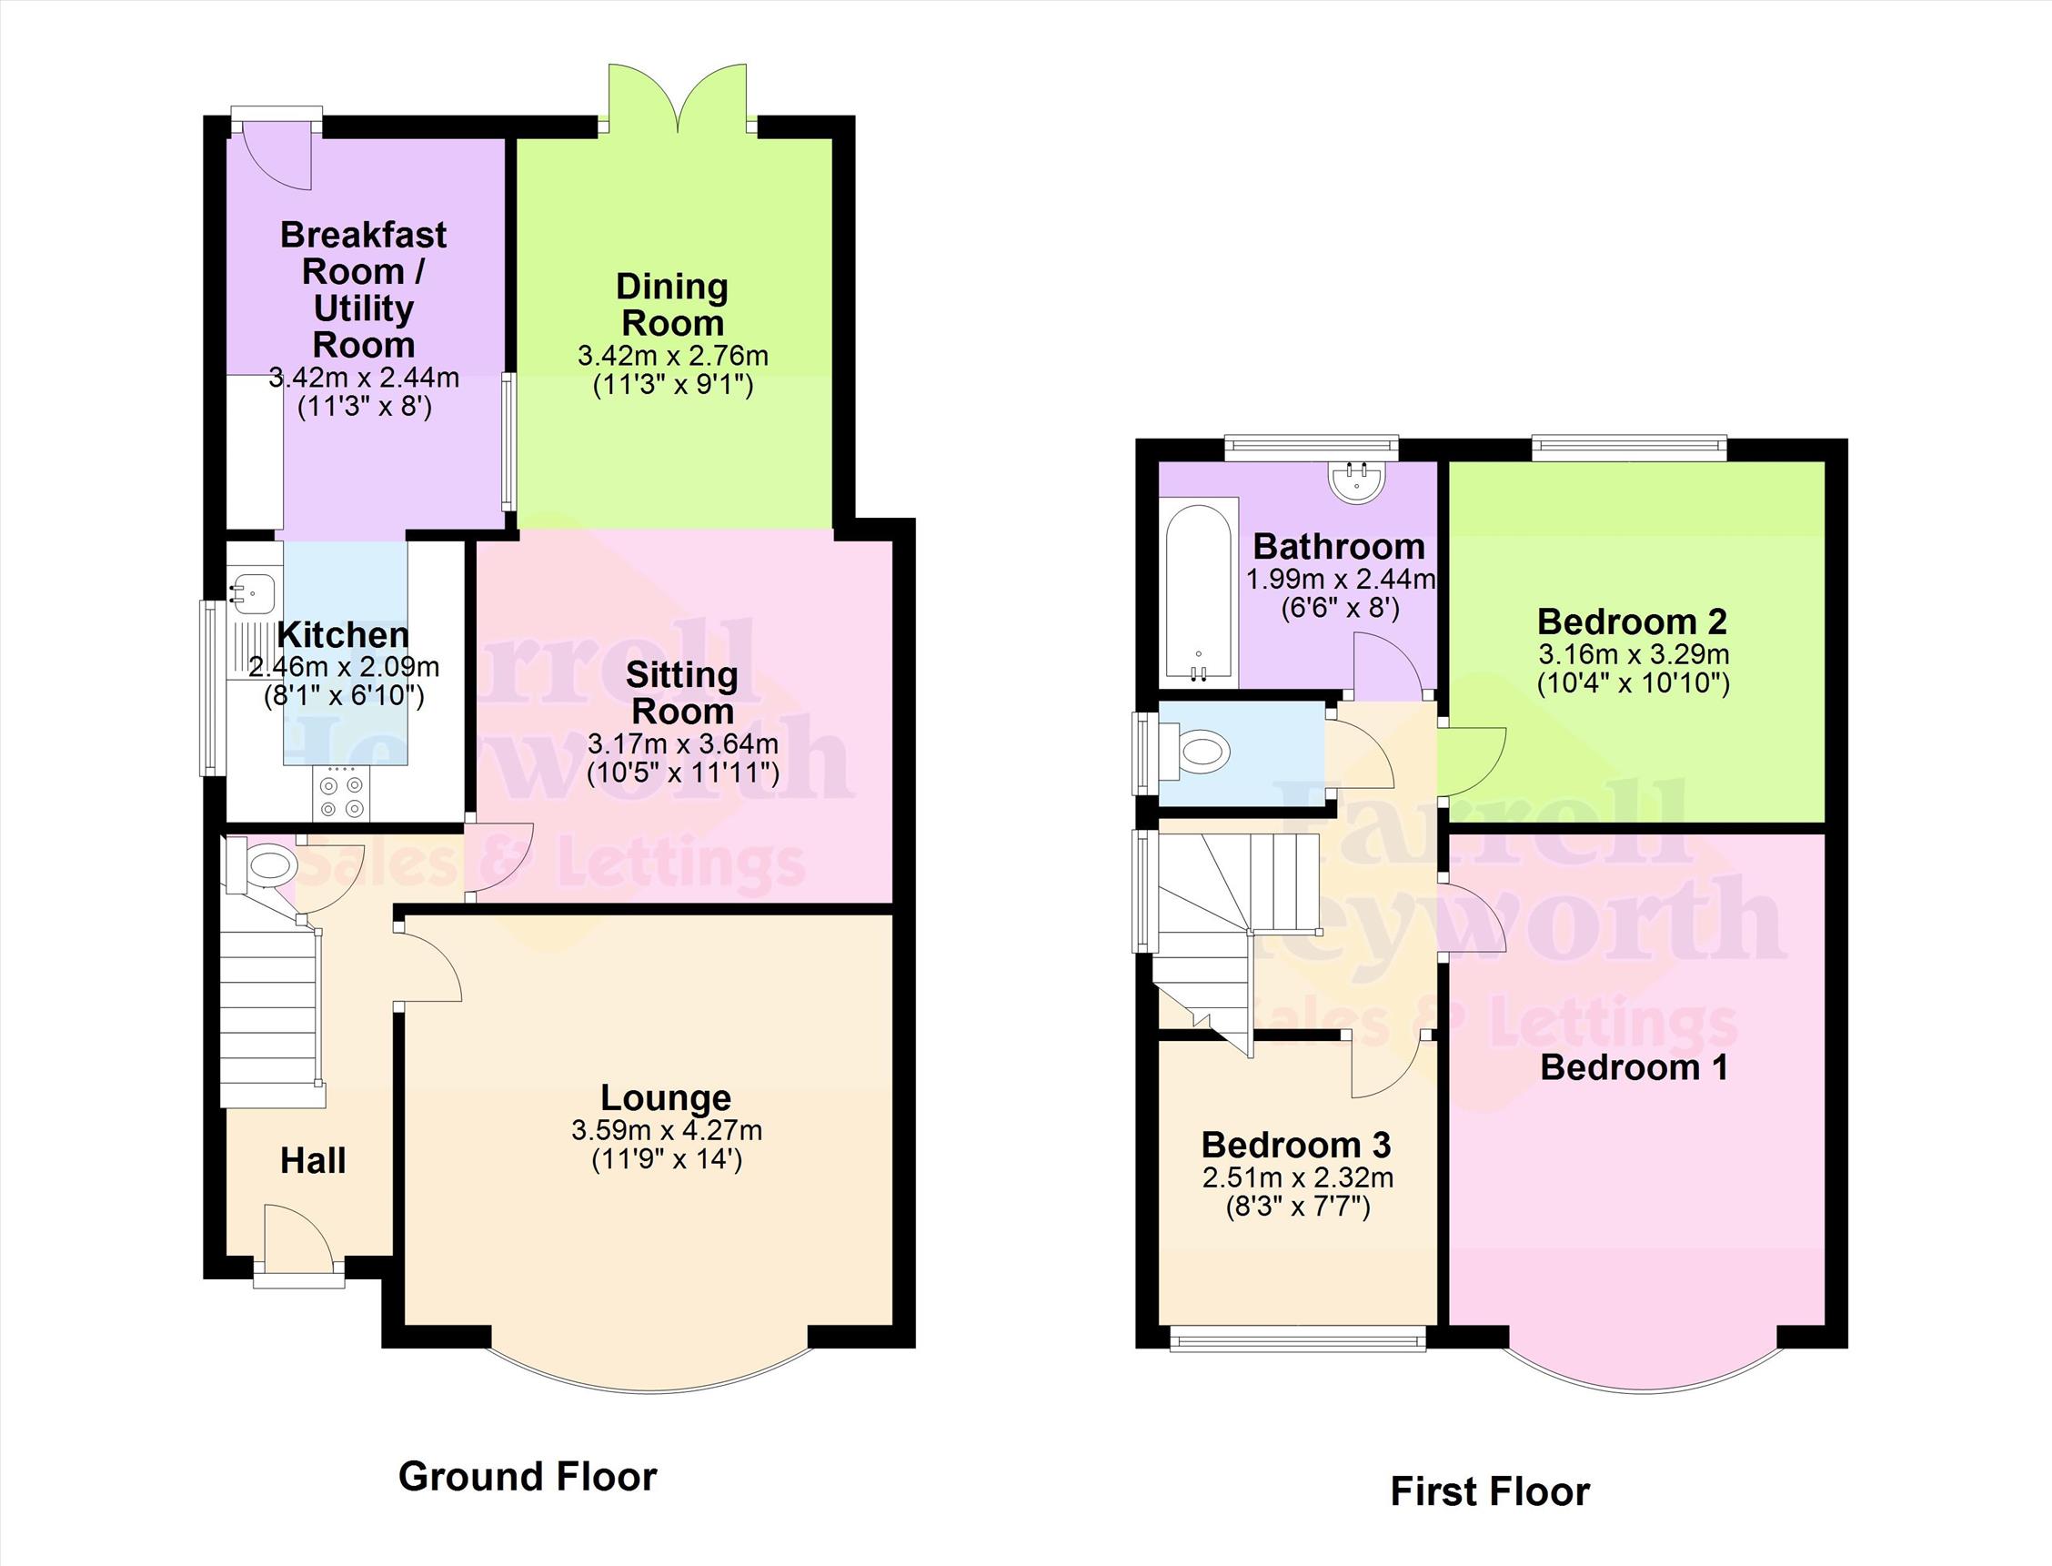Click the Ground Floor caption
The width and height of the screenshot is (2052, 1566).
click(x=528, y=1477)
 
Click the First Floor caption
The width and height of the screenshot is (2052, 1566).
click(x=1489, y=1491)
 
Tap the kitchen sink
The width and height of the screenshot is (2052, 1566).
click(x=254, y=590)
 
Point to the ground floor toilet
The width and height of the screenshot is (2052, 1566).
click(x=266, y=864)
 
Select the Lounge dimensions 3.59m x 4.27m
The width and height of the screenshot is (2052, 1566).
click(x=667, y=1131)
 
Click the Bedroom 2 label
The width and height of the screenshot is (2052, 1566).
click(x=1632, y=621)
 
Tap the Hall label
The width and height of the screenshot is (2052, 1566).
click(x=313, y=1160)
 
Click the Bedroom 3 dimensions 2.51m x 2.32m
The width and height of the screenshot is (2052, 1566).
click(x=1297, y=1177)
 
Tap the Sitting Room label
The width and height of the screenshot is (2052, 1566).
click(x=682, y=692)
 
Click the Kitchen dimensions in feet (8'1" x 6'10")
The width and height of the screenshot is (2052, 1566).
click(x=343, y=696)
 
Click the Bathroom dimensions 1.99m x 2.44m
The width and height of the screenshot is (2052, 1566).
click(x=1340, y=579)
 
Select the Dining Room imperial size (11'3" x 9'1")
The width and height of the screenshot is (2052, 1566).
click(x=673, y=385)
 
